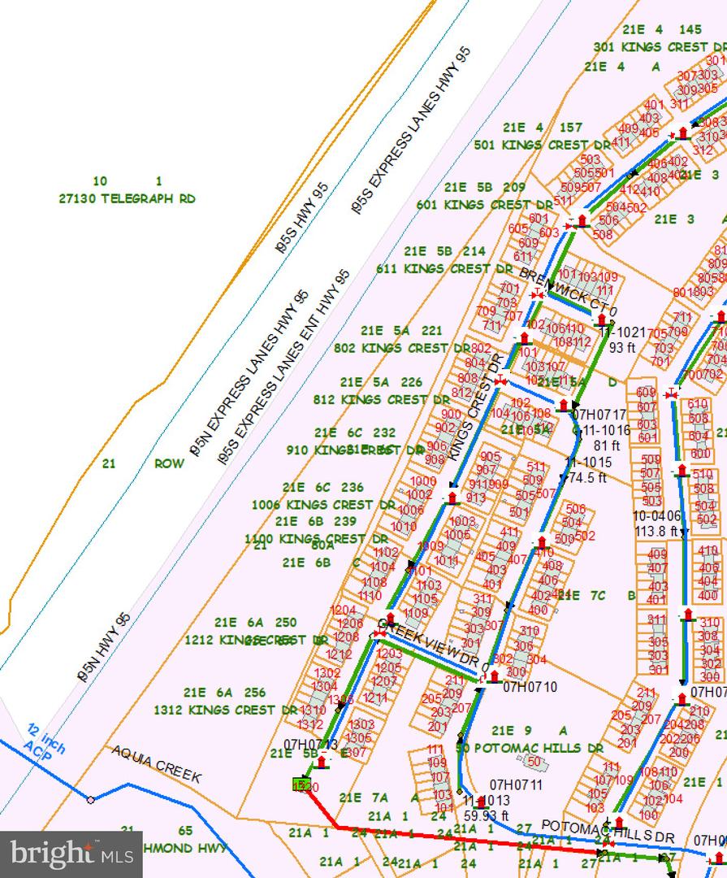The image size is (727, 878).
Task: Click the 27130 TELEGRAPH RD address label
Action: coord(128,198)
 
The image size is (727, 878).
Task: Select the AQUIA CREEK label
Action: coord(156,764)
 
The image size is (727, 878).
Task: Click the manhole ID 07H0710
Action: coord(530,687)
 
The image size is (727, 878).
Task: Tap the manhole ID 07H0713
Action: coord(310,744)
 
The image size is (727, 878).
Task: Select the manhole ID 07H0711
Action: coord(515,785)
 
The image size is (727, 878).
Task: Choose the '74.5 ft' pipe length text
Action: coord(589,478)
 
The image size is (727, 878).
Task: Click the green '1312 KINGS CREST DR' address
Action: coord(226,710)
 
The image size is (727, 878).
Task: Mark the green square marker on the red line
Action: coord(301,785)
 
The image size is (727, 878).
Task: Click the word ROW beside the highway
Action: coord(170,464)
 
